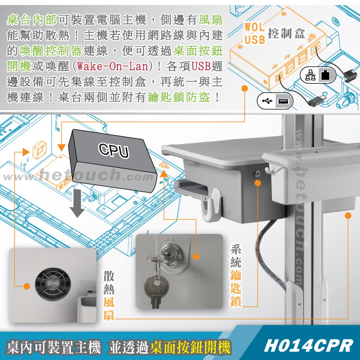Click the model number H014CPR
click(308, 345)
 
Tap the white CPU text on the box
click(114, 150)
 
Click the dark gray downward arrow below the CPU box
click(77, 203)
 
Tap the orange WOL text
click(254, 27)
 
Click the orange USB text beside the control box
click(255, 39)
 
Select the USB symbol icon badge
click(275, 101)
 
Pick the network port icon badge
click(318, 75)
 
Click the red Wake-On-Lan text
click(112, 66)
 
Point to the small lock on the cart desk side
click(257, 173)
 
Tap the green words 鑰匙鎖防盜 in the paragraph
click(179, 97)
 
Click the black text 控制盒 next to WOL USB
click(286, 34)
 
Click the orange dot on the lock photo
click(196, 256)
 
